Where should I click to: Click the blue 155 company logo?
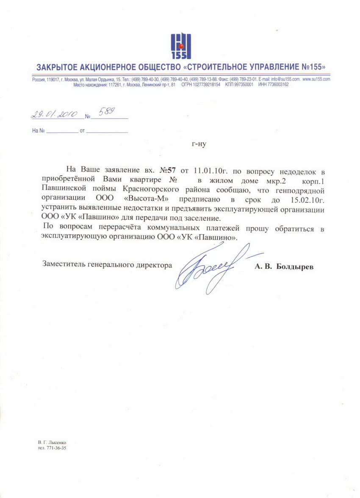coord(180,47)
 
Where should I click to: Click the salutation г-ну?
coord(199,144)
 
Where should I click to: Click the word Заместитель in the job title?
coord(64,265)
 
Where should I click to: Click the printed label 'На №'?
coord(38,131)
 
